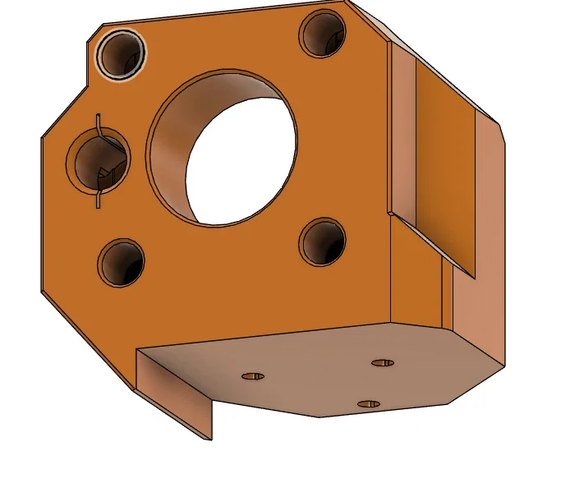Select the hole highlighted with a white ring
pyautogui.click(x=121, y=54)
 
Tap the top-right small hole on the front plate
pyautogui.click(x=322, y=34)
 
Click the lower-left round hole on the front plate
pyautogui.click(x=122, y=263)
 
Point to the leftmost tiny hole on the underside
pyautogui.click(x=252, y=376)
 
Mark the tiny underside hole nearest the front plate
pyautogui.click(x=383, y=362)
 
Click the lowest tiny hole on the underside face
pyautogui.click(x=370, y=403)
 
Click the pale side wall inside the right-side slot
pyautogui.click(x=402, y=131)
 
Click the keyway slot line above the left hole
pyautogui.click(x=98, y=122)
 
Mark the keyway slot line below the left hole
pyautogui.click(x=98, y=199)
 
